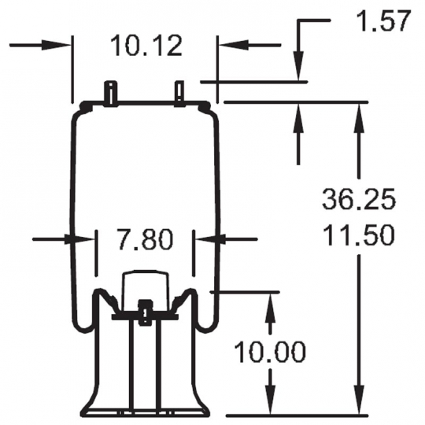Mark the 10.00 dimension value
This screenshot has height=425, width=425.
coord(270,352)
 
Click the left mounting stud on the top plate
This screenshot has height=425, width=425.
coord(110,92)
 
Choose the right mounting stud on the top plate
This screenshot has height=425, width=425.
coord(179,93)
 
